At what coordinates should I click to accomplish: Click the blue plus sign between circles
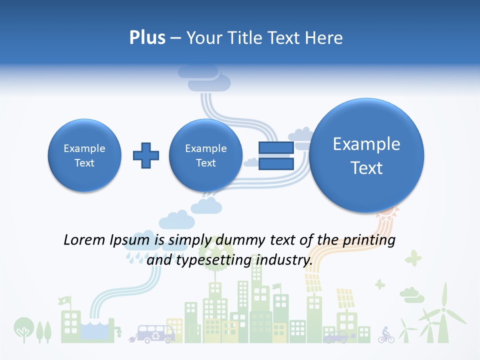click(146, 155)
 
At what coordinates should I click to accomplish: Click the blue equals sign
click(276, 155)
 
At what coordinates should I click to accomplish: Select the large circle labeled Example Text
click(366, 155)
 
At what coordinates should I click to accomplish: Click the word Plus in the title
click(147, 37)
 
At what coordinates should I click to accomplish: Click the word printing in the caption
click(369, 240)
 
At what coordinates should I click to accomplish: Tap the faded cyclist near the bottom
click(386, 334)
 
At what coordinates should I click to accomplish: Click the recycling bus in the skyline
click(156, 333)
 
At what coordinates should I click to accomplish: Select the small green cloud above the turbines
click(411, 294)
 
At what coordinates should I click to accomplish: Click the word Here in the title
click(325, 37)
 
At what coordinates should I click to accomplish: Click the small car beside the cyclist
click(335, 337)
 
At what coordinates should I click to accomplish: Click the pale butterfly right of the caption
click(413, 258)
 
